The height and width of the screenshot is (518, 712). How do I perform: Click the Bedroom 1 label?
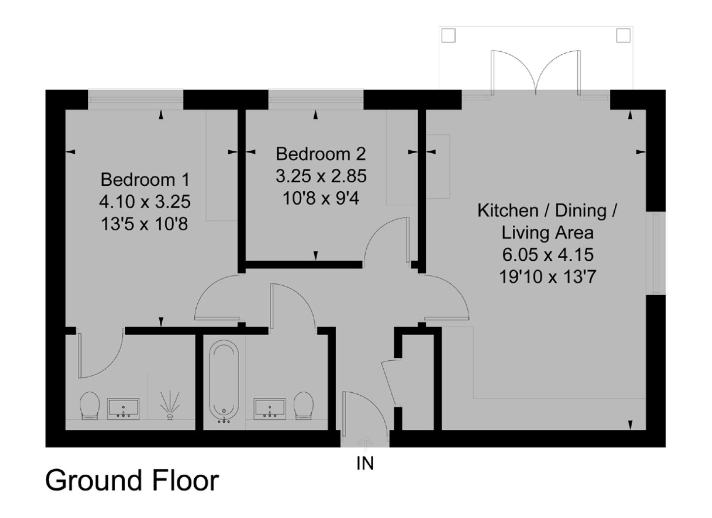click(x=145, y=180)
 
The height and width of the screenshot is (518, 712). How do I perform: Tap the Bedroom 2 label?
click(x=320, y=154)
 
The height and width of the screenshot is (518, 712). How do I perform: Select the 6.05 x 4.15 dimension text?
click(x=548, y=254)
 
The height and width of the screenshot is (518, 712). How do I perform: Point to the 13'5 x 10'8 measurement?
click(x=144, y=224)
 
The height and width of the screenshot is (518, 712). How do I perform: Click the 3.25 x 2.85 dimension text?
click(x=321, y=176)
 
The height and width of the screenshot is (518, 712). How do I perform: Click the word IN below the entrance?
click(x=365, y=464)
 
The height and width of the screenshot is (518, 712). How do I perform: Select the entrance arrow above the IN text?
click(x=365, y=443)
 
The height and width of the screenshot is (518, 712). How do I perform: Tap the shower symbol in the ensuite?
click(x=170, y=405)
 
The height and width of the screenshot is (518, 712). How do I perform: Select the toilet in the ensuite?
click(x=90, y=406)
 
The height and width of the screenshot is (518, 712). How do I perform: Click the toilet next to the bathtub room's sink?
click(x=303, y=406)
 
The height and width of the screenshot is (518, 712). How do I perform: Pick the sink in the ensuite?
click(x=123, y=409)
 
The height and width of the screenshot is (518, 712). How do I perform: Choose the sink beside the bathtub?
click(x=270, y=409)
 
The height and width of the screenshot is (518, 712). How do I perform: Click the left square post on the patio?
click(x=448, y=35)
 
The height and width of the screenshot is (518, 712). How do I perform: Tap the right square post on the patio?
click(x=623, y=35)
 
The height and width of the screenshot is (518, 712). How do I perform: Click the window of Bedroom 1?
click(x=136, y=100)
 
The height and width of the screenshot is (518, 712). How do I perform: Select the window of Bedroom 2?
click(x=316, y=100)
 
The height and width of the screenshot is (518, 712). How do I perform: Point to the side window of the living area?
click(x=656, y=253)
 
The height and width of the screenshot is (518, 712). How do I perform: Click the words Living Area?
click(x=547, y=233)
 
